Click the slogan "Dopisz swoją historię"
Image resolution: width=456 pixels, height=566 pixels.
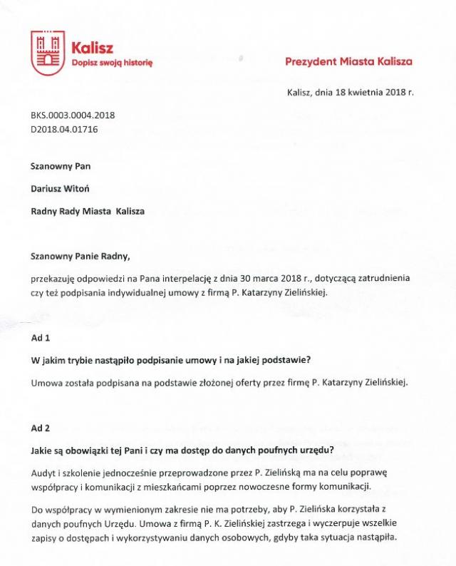click(113, 63)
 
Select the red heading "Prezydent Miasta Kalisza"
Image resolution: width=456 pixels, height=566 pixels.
click(348, 62)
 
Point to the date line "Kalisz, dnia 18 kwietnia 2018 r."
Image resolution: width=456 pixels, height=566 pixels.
click(350, 93)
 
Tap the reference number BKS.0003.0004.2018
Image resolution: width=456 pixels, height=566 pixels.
click(73, 115)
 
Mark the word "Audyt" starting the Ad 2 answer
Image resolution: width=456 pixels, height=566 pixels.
click(43, 474)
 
